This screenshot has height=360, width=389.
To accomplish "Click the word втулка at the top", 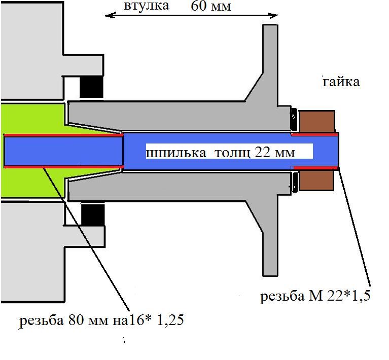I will click(x=146, y=7).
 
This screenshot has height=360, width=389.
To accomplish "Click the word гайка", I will click(x=341, y=81).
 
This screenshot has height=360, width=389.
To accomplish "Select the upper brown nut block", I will click(x=316, y=121).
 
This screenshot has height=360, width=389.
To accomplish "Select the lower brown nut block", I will click(x=316, y=180).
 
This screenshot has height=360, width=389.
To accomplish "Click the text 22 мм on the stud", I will click(x=274, y=152).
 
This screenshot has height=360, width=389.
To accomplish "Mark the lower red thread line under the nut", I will click(x=314, y=167).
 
